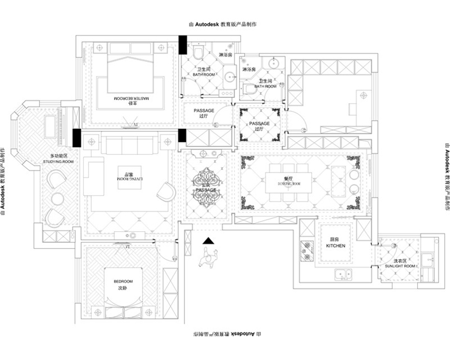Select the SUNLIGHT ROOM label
pos(400,265)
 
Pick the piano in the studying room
pos(58,121)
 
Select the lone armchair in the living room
pos(166,191)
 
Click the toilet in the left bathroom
pos(197,53)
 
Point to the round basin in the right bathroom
pos(274,62)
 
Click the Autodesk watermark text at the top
pos(224,25)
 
